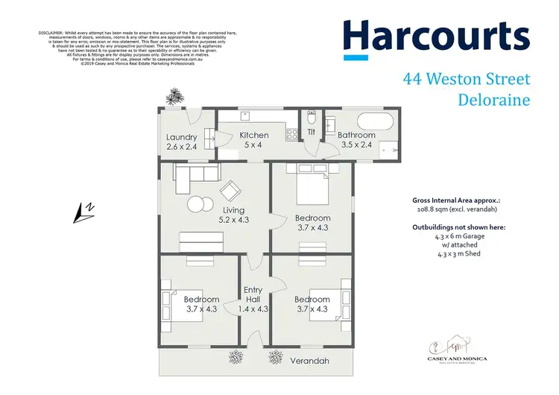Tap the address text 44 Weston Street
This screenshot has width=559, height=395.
466,78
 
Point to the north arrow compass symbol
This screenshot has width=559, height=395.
83,214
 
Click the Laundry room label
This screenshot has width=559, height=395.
182,137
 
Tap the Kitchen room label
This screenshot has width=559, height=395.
253,135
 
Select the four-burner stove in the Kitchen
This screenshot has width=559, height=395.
292,135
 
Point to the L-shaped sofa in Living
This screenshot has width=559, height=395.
195,177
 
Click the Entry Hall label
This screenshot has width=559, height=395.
253,295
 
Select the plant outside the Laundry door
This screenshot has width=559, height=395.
175,96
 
